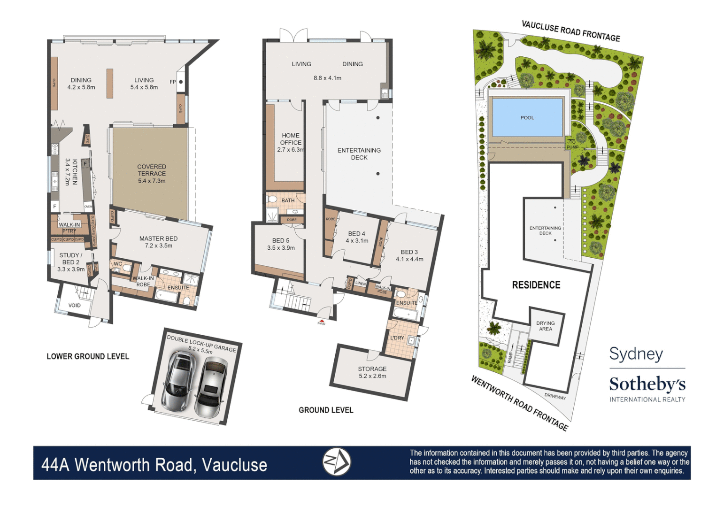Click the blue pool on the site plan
coord(526,117)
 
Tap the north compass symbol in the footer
coord(336,462)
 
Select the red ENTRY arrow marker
coord(321,321)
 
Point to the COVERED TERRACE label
coord(152,173)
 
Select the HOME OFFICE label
coord(291,139)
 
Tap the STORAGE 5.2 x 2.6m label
coord(372,372)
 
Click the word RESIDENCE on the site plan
coord(536,285)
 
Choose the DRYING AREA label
coord(545,326)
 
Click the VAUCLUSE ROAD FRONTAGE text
coord(571,31)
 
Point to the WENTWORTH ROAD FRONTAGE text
coord(519,403)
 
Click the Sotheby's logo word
coord(647,384)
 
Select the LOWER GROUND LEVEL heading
coord(88,356)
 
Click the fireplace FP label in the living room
coord(173,82)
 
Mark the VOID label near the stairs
coord(75,305)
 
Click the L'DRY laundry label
coord(397,338)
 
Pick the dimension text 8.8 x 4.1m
coord(327,78)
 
